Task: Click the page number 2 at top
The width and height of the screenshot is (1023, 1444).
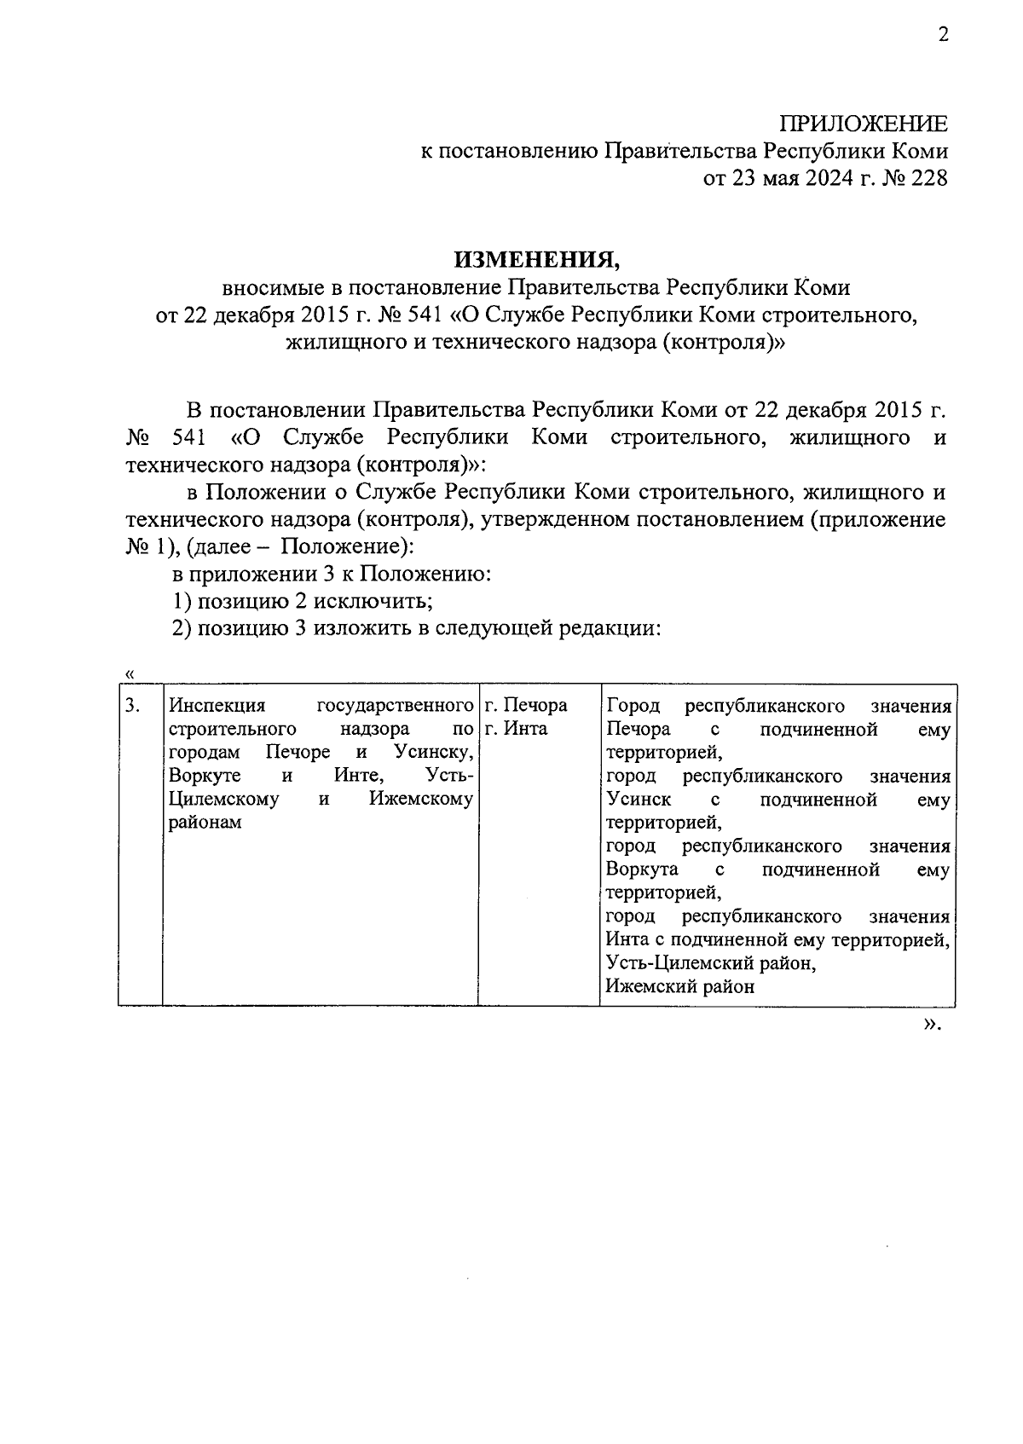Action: click(x=942, y=35)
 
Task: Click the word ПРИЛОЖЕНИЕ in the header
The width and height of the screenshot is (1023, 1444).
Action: click(x=865, y=124)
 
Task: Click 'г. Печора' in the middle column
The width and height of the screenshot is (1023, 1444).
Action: click(x=525, y=706)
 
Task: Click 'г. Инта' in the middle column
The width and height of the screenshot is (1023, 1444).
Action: click(x=516, y=729)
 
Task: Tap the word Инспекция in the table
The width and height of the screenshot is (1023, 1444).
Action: click(x=217, y=706)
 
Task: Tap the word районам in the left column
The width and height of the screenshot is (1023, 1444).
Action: click(x=205, y=823)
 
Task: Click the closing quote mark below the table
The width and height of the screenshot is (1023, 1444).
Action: click(x=932, y=1025)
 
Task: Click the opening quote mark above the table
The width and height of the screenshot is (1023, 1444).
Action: click(x=130, y=674)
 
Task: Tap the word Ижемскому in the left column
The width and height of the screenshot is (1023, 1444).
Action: click(x=420, y=799)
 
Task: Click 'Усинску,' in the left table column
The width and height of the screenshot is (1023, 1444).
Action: click(x=434, y=752)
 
